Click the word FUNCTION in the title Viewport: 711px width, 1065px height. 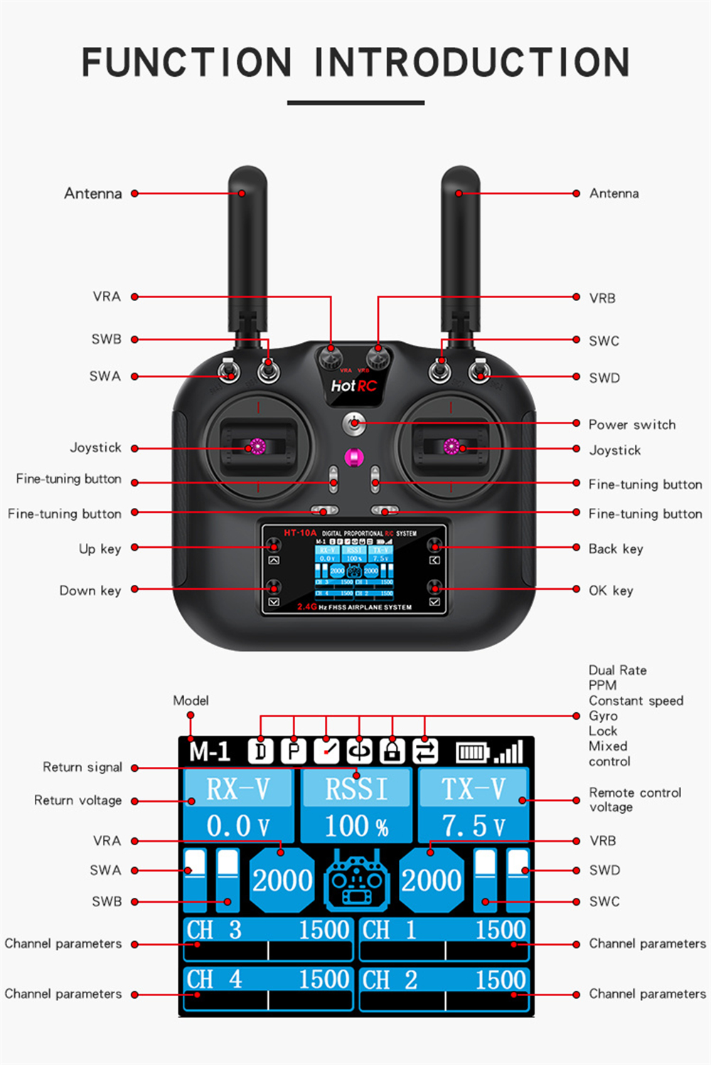(x=186, y=63)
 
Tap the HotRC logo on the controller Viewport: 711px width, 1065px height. (x=353, y=386)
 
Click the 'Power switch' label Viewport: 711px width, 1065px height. (x=631, y=425)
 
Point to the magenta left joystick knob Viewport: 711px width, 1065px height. (x=257, y=447)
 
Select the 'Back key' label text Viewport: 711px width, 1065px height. (x=615, y=549)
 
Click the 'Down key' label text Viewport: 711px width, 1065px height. (x=90, y=590)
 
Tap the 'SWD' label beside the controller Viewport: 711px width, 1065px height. (x=604, y=378)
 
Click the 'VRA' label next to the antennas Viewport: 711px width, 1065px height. (x=107, y=297)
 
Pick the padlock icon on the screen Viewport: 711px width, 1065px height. (x=392, y=751)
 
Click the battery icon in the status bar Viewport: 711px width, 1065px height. (x=472, y=751)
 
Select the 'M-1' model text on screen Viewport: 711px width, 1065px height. (x=210, y=751)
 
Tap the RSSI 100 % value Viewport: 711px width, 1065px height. (x=356, y=826)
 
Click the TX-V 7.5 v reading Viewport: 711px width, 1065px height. (x=474, y=826)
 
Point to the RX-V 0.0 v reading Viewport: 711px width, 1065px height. (x=237, y=826)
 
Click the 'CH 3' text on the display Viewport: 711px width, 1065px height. (x=214, y=930)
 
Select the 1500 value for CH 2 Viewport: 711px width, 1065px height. (x=501, y=980)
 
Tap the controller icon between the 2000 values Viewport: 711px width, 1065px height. (x=357, y=881)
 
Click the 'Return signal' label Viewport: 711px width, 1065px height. (x=82, y=767)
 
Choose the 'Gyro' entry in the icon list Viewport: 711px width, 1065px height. (x=603, y=716)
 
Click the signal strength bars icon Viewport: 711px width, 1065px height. (x=509, y=751)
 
